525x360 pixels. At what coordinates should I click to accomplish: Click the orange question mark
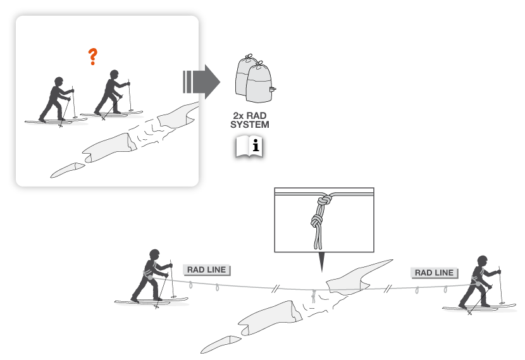(x=93, y=56)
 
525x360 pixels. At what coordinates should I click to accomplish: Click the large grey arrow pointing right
(x=202, y=82)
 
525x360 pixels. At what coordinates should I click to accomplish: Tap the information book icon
(x=249, y=146)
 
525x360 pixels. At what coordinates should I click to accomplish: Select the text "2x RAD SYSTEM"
(x=250, y=120)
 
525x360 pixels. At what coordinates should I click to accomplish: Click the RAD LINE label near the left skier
(x=207, y=270)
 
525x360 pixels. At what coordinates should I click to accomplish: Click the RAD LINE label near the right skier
(x=435, y=273)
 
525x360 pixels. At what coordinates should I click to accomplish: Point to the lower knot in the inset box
(x=316, y=221)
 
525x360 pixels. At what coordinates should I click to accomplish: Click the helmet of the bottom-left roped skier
(x=154, y=254)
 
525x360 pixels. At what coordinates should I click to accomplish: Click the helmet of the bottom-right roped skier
(x=483, y=260)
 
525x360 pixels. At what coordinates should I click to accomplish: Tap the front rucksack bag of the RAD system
(x=259, y=83)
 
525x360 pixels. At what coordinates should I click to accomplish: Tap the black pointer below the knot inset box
(x=322, y=261)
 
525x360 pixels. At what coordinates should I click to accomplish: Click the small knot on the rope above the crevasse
(x=314, y=296)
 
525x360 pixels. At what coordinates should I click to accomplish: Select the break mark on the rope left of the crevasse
(x=275, y=289)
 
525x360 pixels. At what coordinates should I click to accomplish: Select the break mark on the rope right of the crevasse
(x=388, y=288)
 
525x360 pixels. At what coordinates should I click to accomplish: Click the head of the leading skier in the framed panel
(x=114, y=74)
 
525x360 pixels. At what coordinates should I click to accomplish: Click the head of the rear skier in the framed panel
(x=59, y=81)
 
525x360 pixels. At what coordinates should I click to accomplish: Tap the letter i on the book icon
(x=256, y=146)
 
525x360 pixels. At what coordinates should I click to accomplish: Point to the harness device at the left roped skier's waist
(x=150, y=277)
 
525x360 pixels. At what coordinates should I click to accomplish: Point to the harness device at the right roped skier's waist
(x=478, y=283)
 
